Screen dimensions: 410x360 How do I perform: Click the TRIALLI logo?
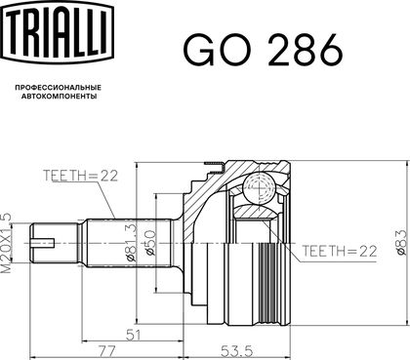pos(59,31)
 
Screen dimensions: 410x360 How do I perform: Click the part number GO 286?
pos(263,50)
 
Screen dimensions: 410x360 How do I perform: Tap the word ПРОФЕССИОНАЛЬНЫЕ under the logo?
pos(59,88)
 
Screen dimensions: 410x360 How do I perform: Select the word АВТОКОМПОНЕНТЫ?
pos(59,97)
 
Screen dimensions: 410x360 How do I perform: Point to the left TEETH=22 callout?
pos(80,176)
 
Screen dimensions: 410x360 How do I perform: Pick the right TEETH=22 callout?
pos(340,251)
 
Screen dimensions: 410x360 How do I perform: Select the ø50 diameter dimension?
pos(150,243)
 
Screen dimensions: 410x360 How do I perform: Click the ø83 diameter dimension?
pos(401,242)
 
